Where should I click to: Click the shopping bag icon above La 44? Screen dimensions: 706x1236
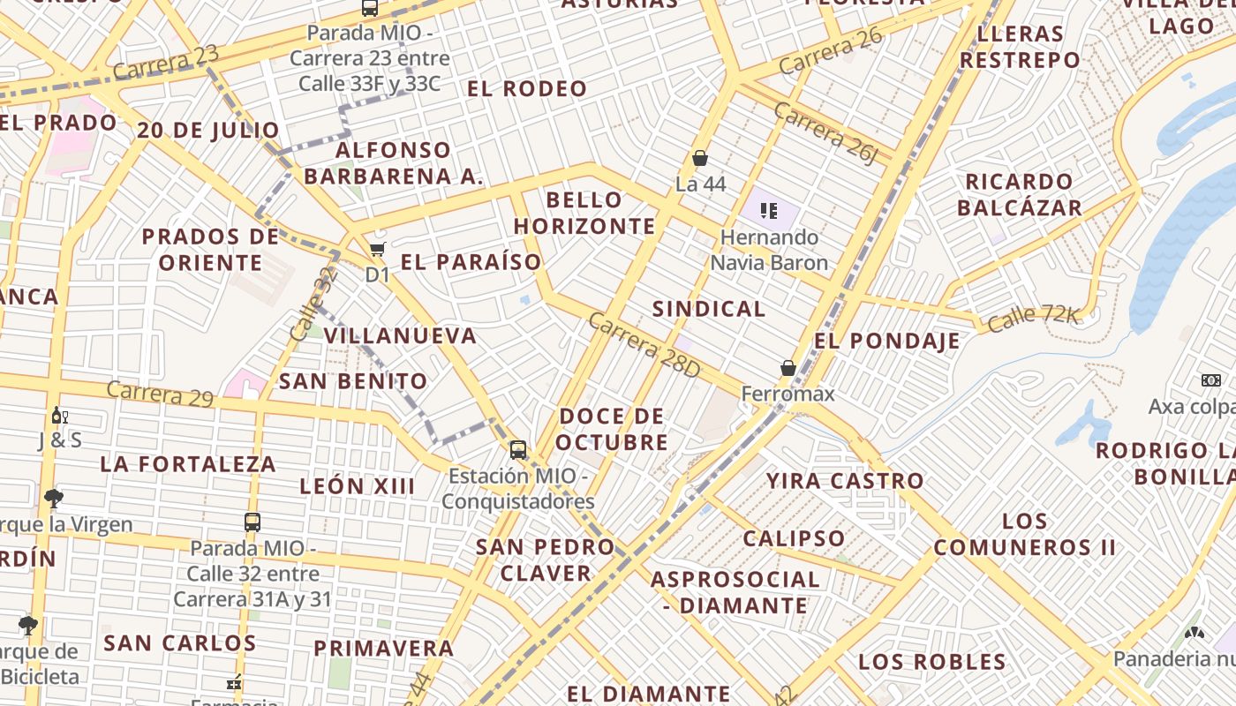[700, 159]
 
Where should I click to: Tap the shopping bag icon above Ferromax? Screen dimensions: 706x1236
[788, 368]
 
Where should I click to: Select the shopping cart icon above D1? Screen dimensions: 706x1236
[378, 250]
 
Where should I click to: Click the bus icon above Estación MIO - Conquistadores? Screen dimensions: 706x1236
[518, 450]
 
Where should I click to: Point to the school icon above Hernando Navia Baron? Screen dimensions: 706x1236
[769, 211]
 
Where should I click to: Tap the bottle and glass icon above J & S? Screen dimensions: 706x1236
[59, 416]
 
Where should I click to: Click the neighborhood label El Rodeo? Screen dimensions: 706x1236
[527, 88]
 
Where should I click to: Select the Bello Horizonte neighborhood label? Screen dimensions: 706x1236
[584, 213]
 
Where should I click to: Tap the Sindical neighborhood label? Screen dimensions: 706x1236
[709, 309]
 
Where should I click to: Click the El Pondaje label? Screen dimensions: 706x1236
[887, 342]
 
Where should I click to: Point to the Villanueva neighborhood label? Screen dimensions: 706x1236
[400, 336]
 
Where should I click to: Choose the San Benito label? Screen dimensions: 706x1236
[353, 381]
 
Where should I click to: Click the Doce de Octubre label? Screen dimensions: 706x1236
[613, 429]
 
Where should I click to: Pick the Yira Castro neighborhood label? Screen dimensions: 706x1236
[845, 481]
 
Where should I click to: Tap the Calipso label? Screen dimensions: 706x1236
[794, 538]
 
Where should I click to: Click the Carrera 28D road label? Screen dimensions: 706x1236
[644, 345]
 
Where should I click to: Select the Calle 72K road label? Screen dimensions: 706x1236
[1033, 319]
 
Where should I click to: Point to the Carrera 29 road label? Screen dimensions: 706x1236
[160, 394]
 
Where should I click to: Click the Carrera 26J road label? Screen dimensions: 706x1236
[827, 132]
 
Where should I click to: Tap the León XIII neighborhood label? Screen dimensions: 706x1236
[357, 486]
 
